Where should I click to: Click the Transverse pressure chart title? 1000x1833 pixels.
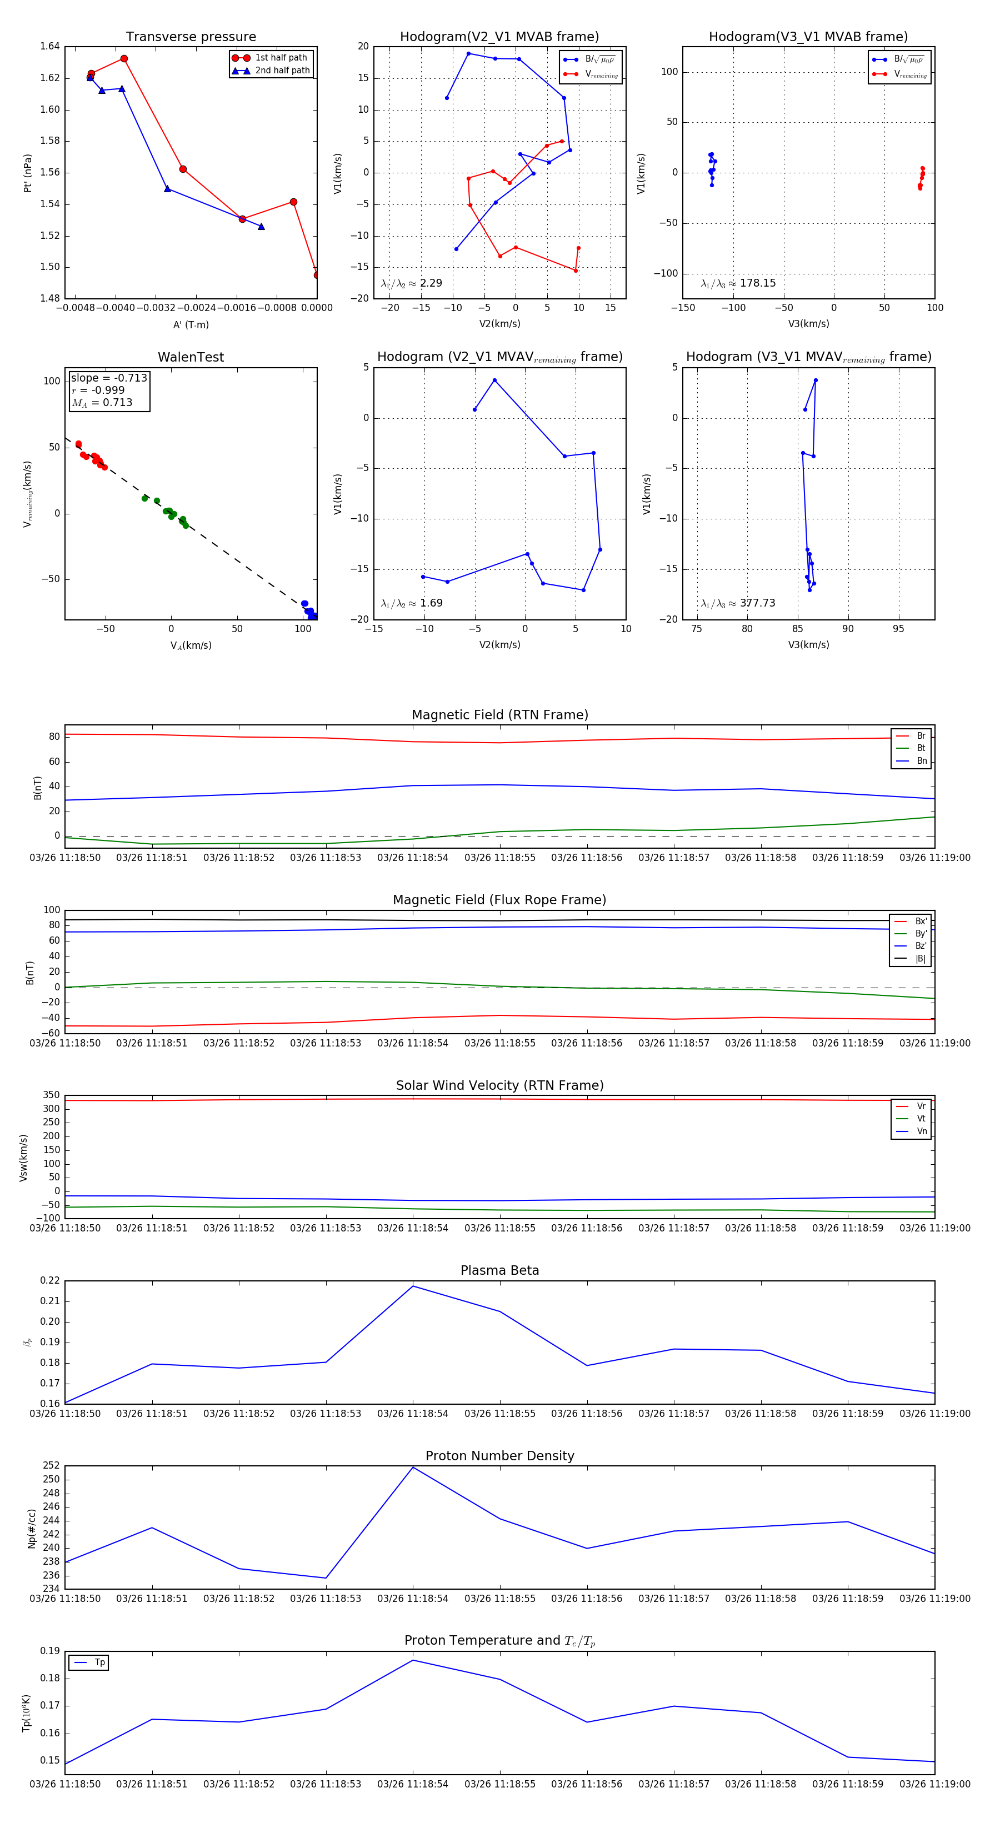click(x=191, y=37)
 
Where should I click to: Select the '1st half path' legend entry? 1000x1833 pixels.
click(x=281, y=58)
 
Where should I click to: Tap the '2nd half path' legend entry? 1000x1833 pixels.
click(x=282, y=71)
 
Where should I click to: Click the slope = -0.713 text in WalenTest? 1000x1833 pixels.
click(x=109, y=378)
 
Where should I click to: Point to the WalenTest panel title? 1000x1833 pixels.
click(x=191, y=357)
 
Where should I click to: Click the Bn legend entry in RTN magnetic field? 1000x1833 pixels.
click(x=921, y=760)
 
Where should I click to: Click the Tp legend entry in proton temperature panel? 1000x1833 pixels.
click(x=99, y=1662)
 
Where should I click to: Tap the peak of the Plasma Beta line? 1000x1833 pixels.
click(x=413, y=1286)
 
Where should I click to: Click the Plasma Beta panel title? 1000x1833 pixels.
click(x=499, y=1270)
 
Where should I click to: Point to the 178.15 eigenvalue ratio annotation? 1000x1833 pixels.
click(x=757, y=283)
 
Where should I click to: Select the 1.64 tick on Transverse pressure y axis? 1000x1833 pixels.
click(x=50, y=47)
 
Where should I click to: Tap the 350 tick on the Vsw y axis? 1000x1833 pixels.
click(x=51, y=1095)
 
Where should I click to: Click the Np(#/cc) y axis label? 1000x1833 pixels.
click(x=31, y=1529)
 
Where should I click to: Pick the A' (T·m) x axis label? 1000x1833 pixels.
click(x=191, y=324)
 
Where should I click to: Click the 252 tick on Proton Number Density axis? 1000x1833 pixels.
click(x=51, y=1466)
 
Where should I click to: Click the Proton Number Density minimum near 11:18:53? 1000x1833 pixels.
click(x=326, y=1578)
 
